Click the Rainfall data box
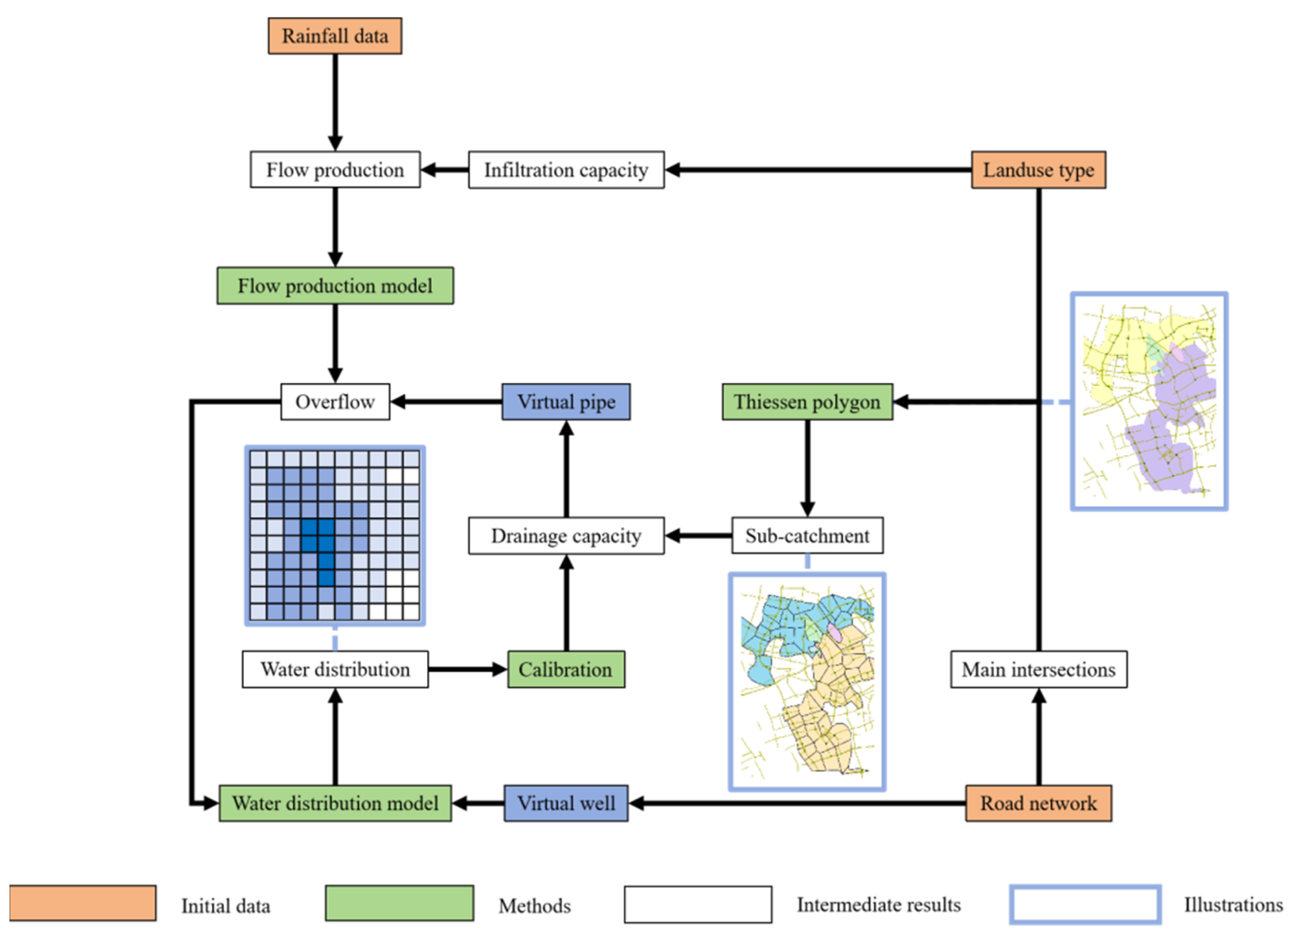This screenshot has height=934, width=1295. click(335, 36)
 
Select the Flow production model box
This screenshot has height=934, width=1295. click(335, 285)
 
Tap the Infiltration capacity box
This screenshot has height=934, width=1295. click(566, 170)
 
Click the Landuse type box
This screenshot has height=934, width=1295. click(1038, 170)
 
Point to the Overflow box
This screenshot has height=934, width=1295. click(335, 402)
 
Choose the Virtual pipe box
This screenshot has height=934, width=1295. click(566, 402)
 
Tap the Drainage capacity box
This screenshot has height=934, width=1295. click(566, 535)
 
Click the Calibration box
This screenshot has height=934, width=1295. click(566, 669)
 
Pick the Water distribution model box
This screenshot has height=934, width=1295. click(335, 803)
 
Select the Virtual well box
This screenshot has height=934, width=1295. click(566, 803)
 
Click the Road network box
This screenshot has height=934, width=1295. click(1038, 803)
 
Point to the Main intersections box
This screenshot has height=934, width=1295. click(1038, 669)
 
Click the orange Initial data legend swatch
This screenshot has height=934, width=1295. click(83, 903)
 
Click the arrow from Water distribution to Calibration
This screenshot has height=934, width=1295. click(467, 669)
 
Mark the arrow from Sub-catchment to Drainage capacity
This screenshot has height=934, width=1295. click(698, 535)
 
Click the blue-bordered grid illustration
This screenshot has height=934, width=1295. click(335, 535)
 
